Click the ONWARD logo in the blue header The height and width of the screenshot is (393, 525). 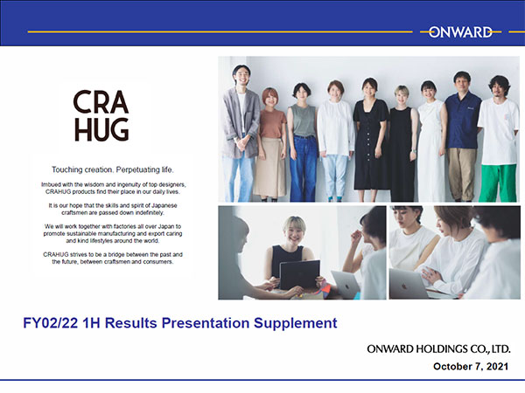click(x=460, y=32)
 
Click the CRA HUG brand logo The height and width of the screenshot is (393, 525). click(x=101, y=115)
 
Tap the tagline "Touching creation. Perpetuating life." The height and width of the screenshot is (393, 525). click(x=113, y=169)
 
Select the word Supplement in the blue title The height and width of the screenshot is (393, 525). click(x=296, y=323)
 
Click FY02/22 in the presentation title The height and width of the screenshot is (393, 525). click(x=51, y=323)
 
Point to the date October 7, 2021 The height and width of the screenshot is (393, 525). click(x=471, y=366)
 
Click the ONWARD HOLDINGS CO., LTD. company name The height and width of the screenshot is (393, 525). click(x=438, y=349)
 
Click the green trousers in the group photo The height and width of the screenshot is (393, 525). click(x=498, y=183)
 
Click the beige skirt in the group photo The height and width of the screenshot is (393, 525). click(x=269, y=167)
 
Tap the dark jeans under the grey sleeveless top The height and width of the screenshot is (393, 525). click(x=304, y=168)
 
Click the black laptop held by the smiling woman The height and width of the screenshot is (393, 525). click(x=299, y=275)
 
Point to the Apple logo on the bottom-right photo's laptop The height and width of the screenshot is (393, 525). click(x=404, y=286)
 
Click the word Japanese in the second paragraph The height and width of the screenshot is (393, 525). click(x=164, y=205)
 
